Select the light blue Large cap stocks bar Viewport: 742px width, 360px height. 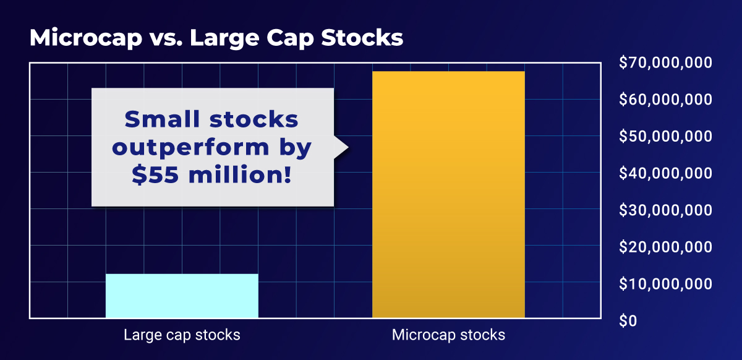pos(182,296)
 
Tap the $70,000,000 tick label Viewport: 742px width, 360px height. pos(665,62)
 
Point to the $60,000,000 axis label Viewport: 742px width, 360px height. pos(665,100)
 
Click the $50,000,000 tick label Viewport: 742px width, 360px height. pos(665,136)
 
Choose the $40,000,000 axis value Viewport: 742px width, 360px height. pos(665,173)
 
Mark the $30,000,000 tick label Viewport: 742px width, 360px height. pos(665,210)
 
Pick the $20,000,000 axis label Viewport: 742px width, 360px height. pos(665,247)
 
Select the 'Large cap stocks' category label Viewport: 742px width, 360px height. pos(182,336)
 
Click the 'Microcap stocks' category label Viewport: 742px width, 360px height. pos(448,336)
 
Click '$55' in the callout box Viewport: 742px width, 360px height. pos(154,176)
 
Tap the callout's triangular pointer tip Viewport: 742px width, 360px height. pos(347,147)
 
